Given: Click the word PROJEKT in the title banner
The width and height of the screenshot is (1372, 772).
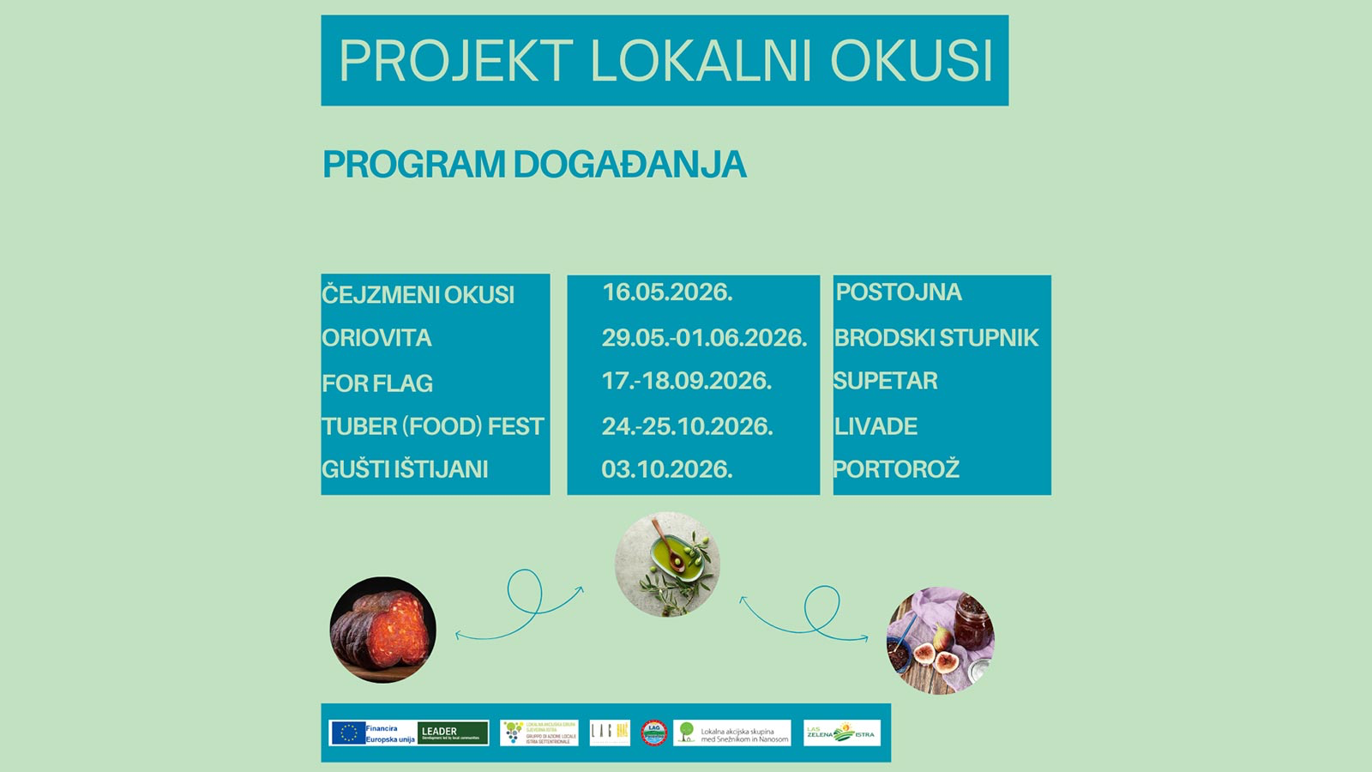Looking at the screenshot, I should [x=456, y=61].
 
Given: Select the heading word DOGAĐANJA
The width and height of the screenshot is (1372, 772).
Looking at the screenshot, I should [x=629, y=165].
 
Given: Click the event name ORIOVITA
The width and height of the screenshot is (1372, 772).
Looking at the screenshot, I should [x=376, y=338].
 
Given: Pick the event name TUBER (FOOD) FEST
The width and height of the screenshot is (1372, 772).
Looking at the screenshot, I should [x=433, y=426].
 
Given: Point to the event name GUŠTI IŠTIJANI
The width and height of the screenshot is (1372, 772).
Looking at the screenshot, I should [x=405, y=469].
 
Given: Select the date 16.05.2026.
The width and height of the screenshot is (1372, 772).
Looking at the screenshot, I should [x=667, y=293].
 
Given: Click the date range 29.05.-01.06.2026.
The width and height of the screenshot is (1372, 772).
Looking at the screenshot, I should [x=704, y=338].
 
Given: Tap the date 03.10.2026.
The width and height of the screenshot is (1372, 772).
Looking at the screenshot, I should [x=667, y=469].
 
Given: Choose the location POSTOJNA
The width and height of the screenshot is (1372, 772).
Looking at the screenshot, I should [x=899, y=293].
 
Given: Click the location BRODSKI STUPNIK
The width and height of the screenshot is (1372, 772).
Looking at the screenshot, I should [x=936, y=338].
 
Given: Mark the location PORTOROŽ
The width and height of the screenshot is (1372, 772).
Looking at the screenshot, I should [x=896, y=469].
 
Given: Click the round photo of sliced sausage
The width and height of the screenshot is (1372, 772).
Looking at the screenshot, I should [x=383, y=630].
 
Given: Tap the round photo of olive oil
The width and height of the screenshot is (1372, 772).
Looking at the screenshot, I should [x=667, y=564].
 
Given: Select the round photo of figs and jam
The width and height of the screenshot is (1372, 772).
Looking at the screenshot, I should [x=940, y=640].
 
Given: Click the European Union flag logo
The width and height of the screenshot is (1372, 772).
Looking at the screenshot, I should [x=347, y=733].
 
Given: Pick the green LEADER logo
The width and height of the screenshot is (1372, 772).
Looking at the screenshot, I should [x=453, y=733].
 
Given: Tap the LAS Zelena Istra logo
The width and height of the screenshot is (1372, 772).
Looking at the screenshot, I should [x=841, y=733].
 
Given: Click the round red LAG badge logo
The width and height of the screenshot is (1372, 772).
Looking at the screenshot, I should [x=653, y=733].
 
